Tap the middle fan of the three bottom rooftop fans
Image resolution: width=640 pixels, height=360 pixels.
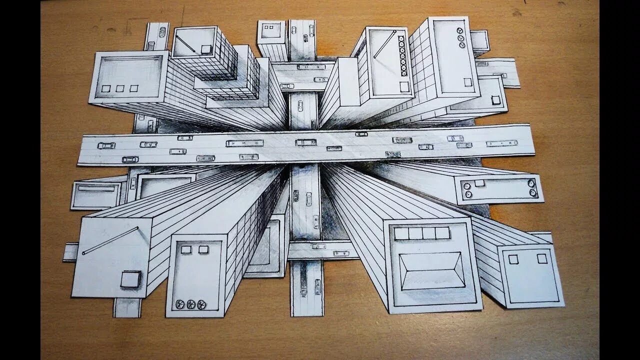click(x=191, y=304)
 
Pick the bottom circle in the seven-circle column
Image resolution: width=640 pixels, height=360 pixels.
click(x=403, y=73)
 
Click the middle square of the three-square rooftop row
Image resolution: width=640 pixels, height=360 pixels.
click(x=120, y=88)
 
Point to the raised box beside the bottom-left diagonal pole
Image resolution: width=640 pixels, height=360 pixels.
click(x=130, y=279)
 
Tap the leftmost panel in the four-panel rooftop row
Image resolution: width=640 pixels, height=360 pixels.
click(x=401, y=233)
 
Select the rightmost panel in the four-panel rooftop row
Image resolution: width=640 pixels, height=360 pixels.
click(x=442, y=233)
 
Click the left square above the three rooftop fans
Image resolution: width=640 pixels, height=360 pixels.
click(x=186, y=249)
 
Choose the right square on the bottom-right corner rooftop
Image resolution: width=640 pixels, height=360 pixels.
click(x=542, y=258)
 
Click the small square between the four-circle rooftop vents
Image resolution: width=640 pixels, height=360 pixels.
click(x=479, y=183)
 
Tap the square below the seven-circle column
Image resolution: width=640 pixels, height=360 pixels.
click(x=404, y=86)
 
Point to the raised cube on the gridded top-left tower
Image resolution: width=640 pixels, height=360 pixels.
click(x=206, y=49)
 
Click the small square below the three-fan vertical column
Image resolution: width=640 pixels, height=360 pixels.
click(x=467, y=82)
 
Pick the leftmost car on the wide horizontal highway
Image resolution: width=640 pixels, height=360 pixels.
click(x=106, y=145)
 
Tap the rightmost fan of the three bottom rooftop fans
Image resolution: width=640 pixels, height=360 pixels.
click(x=202, y=304)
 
